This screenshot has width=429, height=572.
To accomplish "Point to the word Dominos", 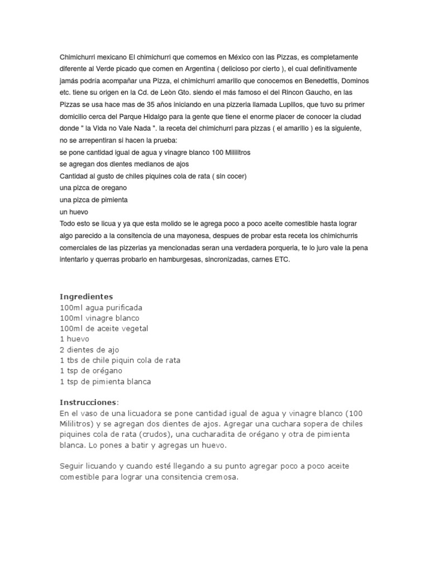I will click(353, 80).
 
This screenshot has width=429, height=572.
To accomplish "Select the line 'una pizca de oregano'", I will click(93, 188).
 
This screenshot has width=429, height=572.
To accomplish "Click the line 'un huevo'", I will click(74, 212).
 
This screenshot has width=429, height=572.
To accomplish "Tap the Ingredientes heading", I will click(86, 297).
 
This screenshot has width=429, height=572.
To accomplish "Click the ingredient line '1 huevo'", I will click(74, 339).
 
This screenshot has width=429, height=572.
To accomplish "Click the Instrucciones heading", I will click(89, 402).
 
